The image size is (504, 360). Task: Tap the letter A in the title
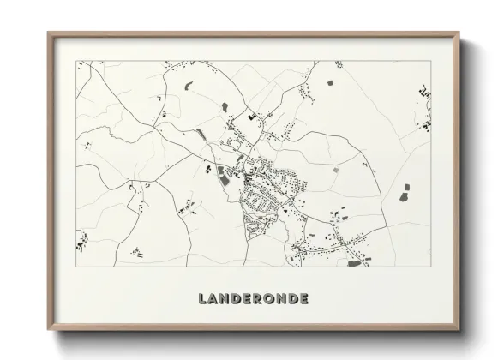pos(214,299)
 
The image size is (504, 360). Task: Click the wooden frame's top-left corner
pos(48,33)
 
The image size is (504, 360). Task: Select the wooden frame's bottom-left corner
pos(48,331)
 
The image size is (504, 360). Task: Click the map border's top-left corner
pos(76,61)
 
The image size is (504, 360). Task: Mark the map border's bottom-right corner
pos(431,267)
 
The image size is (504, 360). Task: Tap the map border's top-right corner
pos(431,61)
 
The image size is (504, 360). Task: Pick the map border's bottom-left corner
pos(76,267)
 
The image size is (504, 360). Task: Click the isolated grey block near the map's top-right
pos(330,84)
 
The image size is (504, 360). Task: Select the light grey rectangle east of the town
pos(337,169)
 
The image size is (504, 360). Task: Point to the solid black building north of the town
pos(250,115)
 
